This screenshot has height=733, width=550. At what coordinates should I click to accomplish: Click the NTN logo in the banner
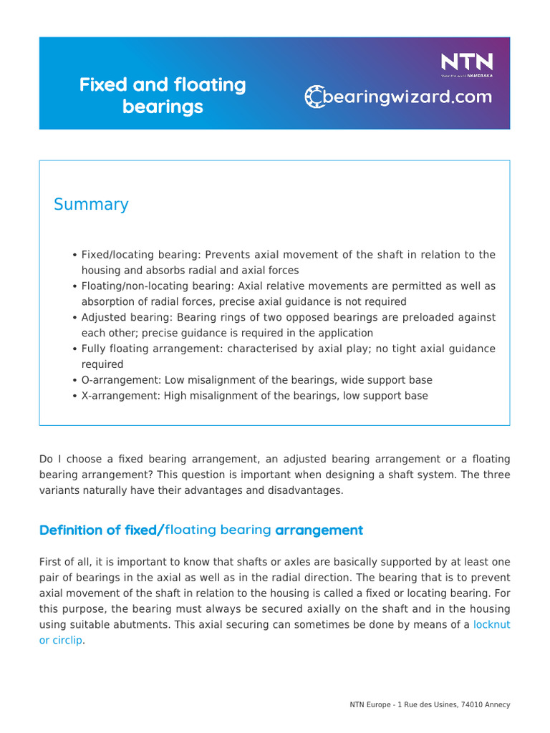click(x=466, y=62)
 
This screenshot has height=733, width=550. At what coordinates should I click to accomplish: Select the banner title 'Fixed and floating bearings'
click(x=163, y=96)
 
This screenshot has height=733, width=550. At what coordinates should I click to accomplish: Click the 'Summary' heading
click(x=91, y=205)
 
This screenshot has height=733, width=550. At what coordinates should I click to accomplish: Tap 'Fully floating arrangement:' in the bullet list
click(x=141, y=349)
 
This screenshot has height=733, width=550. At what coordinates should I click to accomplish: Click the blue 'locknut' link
click(x=492, y=625)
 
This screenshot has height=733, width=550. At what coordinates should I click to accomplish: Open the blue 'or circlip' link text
click(x=61, y=641)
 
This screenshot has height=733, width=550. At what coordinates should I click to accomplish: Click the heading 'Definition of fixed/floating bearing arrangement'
click(x=201, y=530)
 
